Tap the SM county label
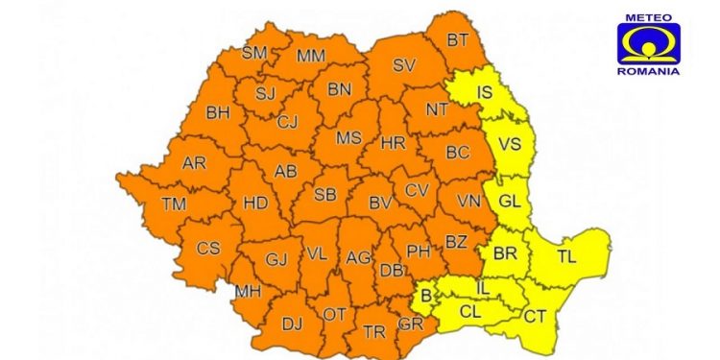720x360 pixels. point(253,53)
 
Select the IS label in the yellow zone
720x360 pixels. point(486,93)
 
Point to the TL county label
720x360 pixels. point(566,256)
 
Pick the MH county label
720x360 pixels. point(248,291)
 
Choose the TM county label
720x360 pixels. point(174,204)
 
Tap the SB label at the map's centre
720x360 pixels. point(325,195)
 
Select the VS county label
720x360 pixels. point(509,147)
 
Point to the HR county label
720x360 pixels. point(394,143)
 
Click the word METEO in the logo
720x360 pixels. point(650,16)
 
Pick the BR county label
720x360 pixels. point(505,254)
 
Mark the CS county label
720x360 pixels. point(208,248)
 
